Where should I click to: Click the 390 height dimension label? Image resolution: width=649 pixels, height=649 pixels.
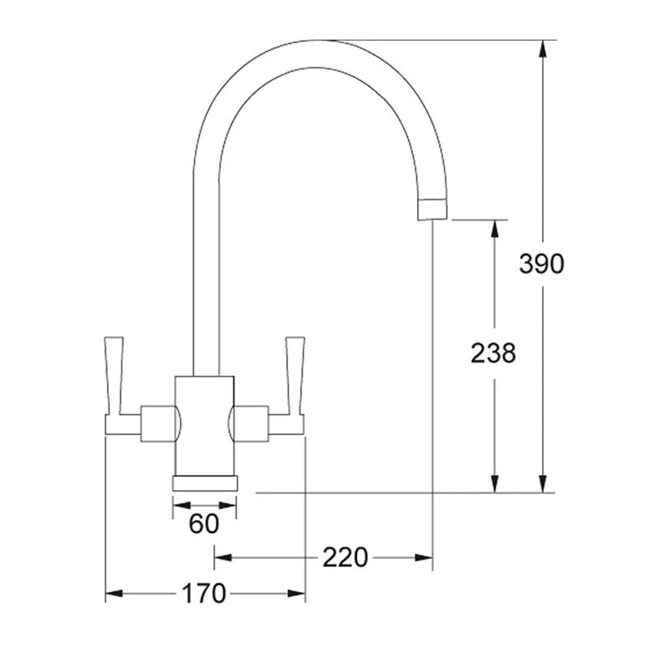pyautogui.click(x=542, y=264)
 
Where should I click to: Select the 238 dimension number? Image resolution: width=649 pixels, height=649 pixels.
pyautogui.click(x=493, y=353)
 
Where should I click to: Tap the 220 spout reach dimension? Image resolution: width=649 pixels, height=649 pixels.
pyautogui.click(x=346, y=557)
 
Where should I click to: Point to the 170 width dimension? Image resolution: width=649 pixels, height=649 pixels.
pyautogui.click(x=204, y=594)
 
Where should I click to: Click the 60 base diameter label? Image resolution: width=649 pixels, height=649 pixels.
pyautogui.click(x=204, y=524)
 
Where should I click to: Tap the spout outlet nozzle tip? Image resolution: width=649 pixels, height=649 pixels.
pyautogui.click(x=432, y=209)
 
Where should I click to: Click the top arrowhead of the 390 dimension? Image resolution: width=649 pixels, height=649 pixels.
pyautogui.click(x=542, y=49)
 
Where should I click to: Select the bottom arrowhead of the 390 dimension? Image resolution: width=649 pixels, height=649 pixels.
pyautogui.click(x=542, y=483)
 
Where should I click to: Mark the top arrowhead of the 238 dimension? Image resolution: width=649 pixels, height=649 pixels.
pyautogui.click(x=493, y=229)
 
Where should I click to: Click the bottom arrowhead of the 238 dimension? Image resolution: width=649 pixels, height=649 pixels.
pyautogui.click(x=493, y=483)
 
